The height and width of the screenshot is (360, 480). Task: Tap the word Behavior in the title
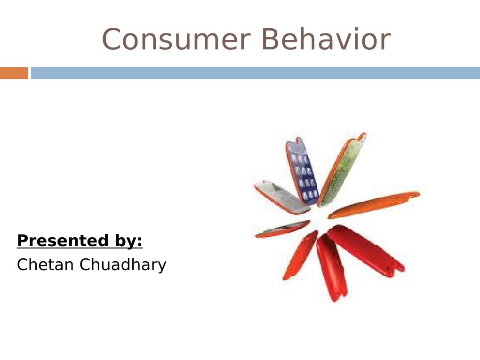coord(326,40)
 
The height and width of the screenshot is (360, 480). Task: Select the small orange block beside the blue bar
coord(14,73)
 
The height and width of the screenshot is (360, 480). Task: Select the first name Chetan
coord(45,265)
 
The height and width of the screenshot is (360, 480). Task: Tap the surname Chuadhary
coord(123,265)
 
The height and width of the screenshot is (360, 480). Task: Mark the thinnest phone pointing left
coord(281,229)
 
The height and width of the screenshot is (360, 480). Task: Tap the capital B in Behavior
coord(272,40)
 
